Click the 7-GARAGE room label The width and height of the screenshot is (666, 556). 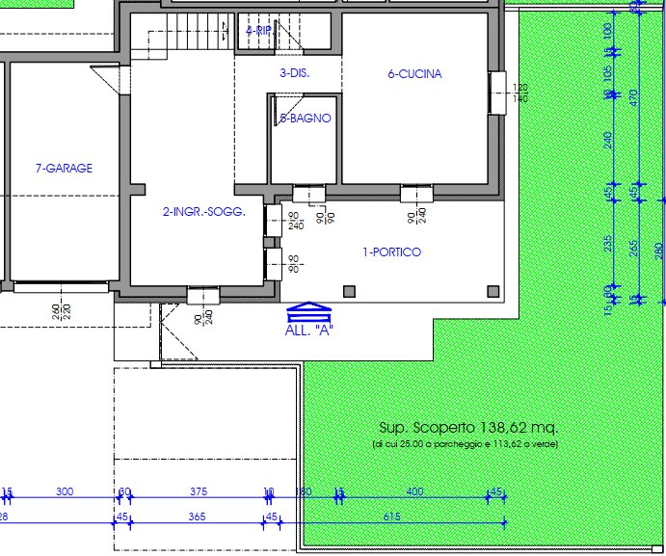tap(64, 169)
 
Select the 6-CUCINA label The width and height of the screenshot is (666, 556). tap(414, 74)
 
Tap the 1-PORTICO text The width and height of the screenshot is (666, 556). tap(391, 252)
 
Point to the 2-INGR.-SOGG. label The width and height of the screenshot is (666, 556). tap(204, 212)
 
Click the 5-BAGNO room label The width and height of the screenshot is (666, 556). tap(305, 119)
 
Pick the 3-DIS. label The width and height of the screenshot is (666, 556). tap(294, 73)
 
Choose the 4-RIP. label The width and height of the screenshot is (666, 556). tap(259, 31)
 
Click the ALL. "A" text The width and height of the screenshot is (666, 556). tap(310, 330)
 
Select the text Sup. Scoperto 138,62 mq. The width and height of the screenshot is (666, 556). tap(467, 427)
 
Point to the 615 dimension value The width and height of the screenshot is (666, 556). tap(391, 517)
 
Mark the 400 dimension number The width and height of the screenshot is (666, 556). tap(414, 492)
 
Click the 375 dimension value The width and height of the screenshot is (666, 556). tap(199, 492)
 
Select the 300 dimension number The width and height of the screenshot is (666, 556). tap(65, 492)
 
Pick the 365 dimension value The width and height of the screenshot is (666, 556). tap(197, 517)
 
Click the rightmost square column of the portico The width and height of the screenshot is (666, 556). tap(493, 291)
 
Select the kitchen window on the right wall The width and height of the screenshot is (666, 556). tap(497, 93)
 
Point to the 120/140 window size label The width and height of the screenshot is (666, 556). tap(521, 93)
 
